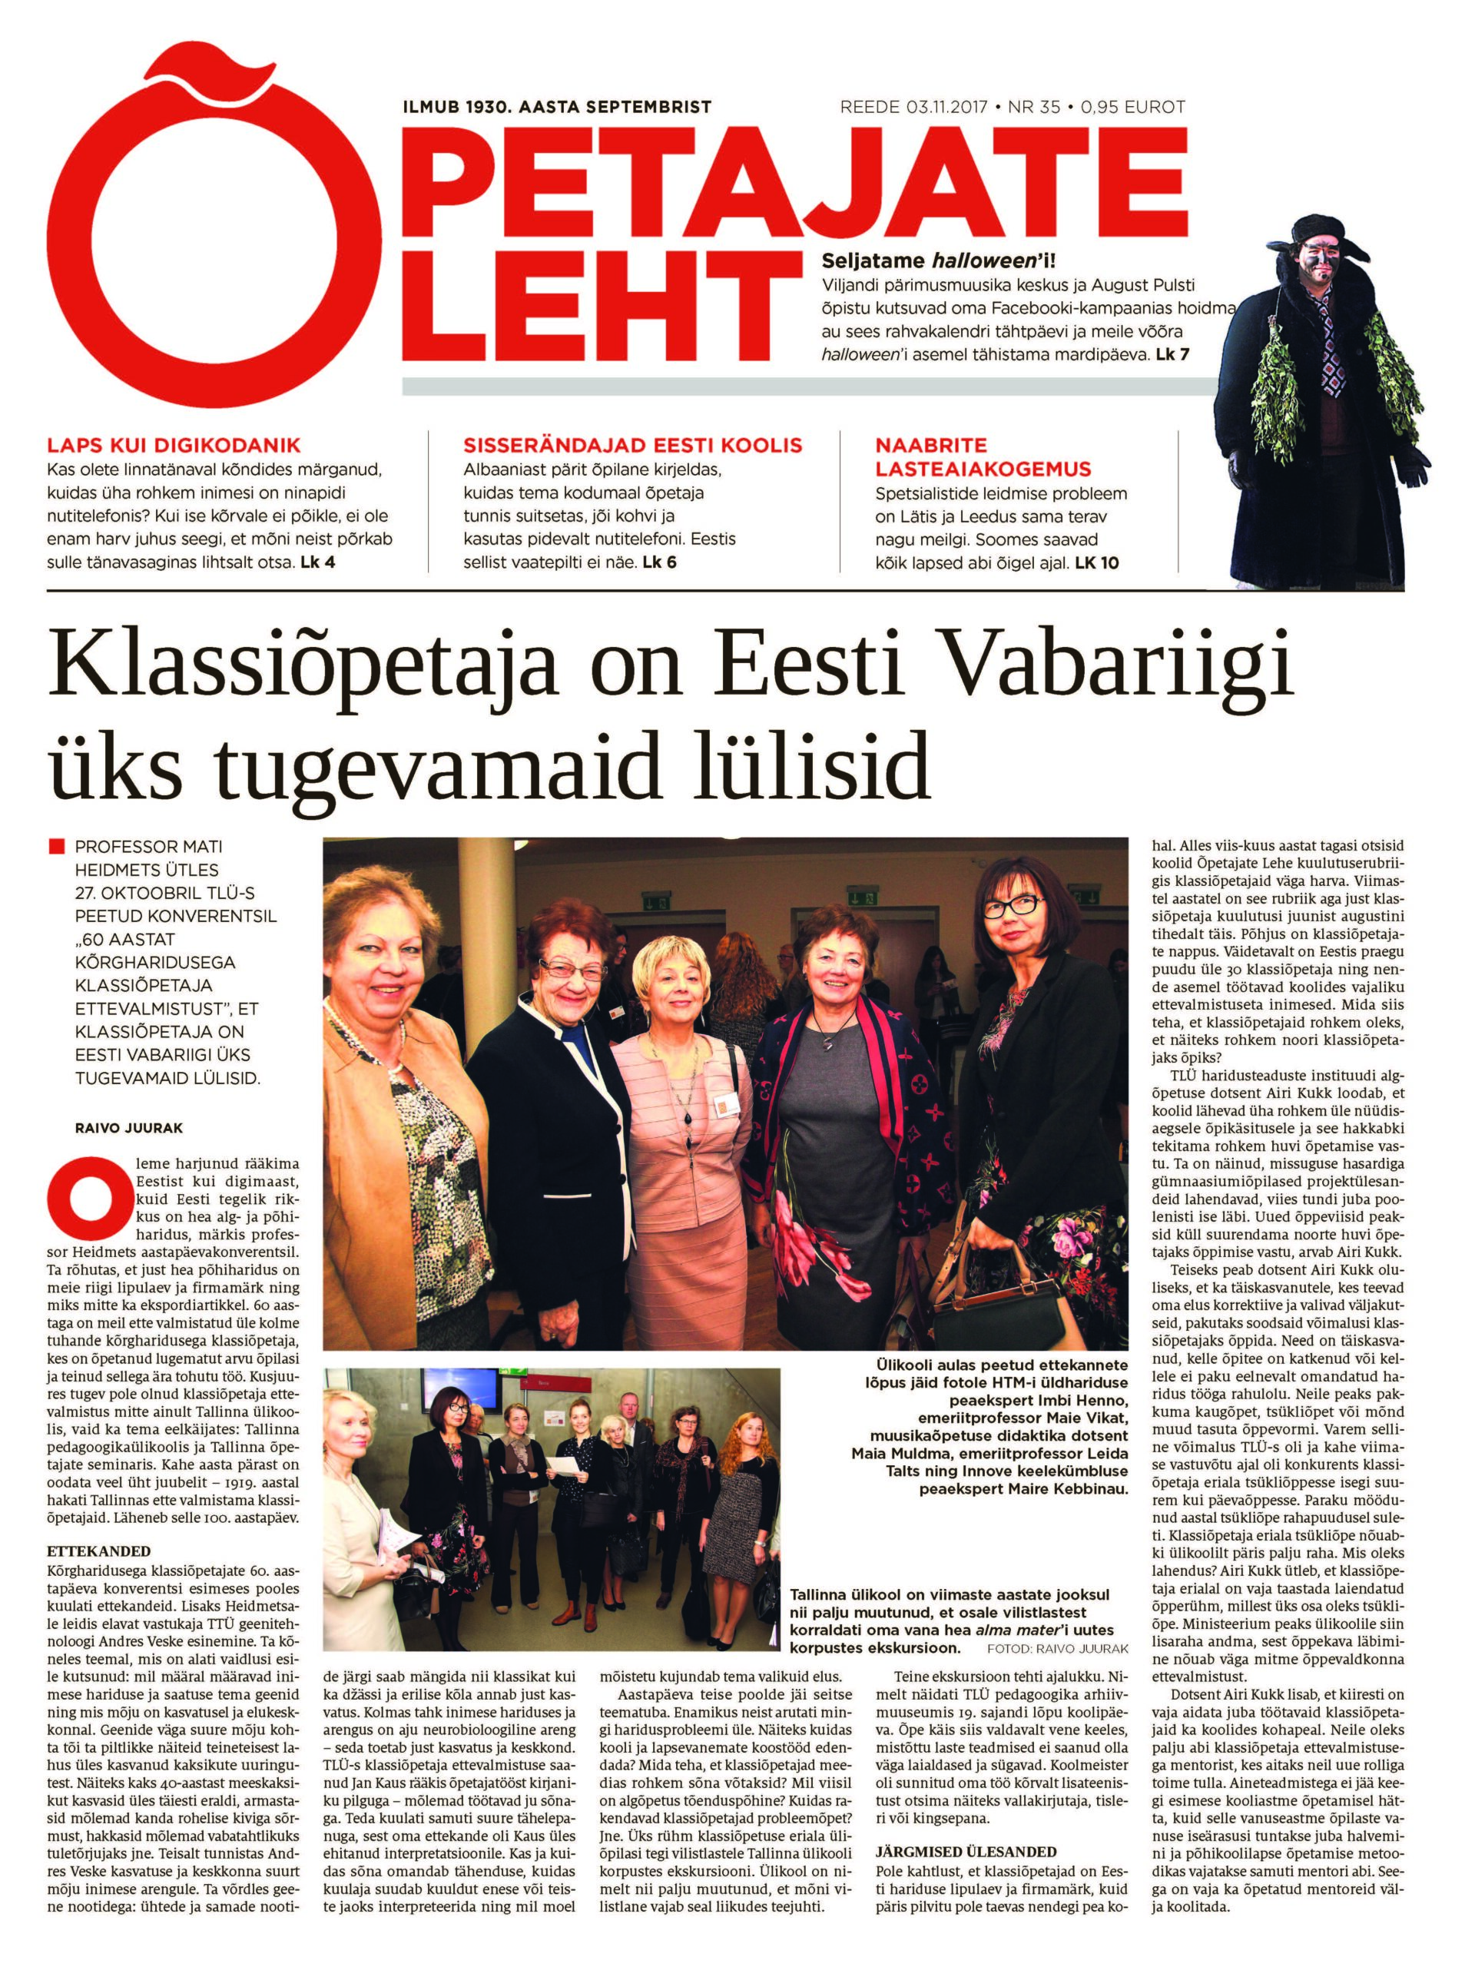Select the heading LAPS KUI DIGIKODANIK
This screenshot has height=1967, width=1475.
(x=174, y=446)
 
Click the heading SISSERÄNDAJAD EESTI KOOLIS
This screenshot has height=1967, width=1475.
(x=632, y=446)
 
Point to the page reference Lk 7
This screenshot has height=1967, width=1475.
(x=1172, y=355)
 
